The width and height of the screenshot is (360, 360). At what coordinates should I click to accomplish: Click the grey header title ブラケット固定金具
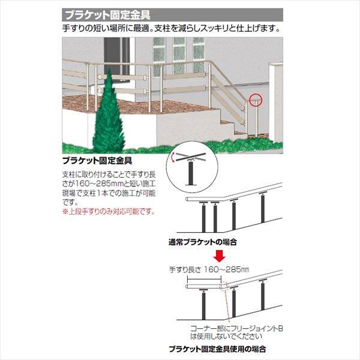[108, 15]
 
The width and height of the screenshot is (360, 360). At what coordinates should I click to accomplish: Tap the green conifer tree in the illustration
[109, 113]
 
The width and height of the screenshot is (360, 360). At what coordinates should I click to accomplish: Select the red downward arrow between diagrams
[220, 256]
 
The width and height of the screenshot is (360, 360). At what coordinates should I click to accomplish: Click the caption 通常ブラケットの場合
[203, 242]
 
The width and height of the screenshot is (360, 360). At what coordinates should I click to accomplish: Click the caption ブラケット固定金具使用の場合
[217, 349]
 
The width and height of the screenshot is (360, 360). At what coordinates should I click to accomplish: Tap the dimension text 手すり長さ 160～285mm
[209, 269]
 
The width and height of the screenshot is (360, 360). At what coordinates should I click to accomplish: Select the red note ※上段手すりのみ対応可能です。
[109, 211]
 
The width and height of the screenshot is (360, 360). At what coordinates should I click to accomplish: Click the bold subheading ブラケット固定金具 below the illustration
[97, 161]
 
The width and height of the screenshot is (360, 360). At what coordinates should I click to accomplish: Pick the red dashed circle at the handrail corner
[224, 286]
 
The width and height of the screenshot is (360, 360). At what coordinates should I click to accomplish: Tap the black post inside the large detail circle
[190, 173]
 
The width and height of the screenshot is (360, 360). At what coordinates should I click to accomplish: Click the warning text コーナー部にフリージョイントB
[237, 328]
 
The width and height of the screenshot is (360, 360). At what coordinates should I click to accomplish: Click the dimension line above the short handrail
[204, 279]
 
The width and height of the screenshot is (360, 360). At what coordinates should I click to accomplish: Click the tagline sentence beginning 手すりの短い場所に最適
[172, 28]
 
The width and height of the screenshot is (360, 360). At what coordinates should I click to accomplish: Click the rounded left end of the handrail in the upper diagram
[188, 199]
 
